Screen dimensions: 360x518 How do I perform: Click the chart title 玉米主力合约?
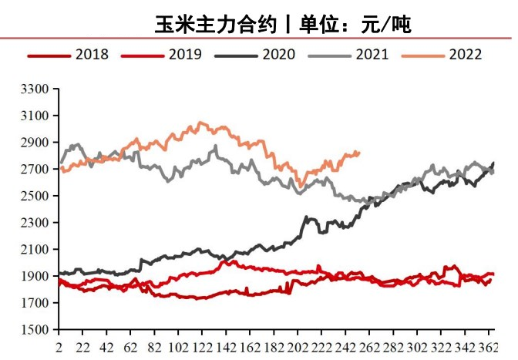click(215, 24)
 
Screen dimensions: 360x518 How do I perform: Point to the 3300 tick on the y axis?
click(35, 89)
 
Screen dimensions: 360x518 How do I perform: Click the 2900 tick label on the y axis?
click(35, 143)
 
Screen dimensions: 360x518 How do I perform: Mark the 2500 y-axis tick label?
click(35, 196)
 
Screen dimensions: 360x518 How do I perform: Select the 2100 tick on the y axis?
click(35, 249)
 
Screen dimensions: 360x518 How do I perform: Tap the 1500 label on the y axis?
click(35, 330)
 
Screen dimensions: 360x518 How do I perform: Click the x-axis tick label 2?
click(59, 347)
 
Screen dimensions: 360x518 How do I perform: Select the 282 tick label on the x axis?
click(392, 347)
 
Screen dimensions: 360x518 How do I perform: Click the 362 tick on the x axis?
click(487, 347)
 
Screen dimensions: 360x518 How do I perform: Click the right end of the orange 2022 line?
click(359, 153)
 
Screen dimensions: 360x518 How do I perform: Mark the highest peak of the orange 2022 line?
click(200, 122)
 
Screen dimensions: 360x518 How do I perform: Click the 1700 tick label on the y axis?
click(35, 303)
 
